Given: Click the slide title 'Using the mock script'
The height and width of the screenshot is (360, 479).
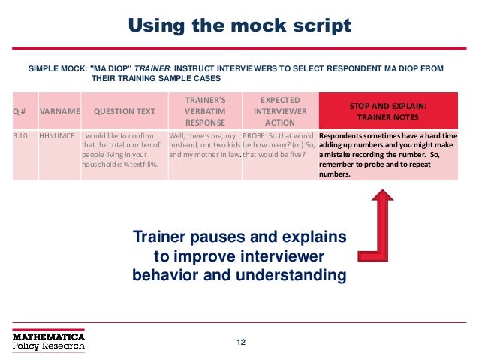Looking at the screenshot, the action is (x=239, y=27).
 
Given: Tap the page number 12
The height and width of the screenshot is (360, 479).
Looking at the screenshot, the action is (x=241, y=343).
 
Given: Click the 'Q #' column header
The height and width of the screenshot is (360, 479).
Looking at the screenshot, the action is (x=18, y=112).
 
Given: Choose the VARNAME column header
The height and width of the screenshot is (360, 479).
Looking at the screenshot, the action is (x=59, y=112).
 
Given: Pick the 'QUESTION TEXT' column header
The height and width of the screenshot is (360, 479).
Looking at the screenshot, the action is (x=125, y=112).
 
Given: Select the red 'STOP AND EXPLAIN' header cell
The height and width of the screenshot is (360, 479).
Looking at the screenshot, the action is (x=390, y=111).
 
